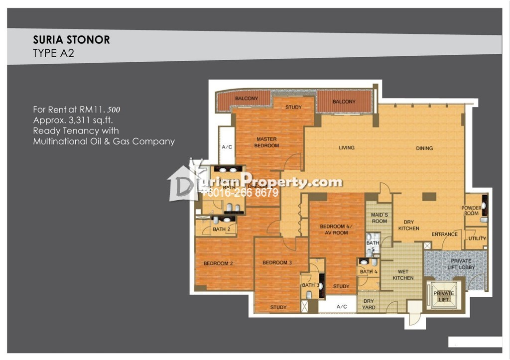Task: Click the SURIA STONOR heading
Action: coord(71,40)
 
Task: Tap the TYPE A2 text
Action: coord(53,54)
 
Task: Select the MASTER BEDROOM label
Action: coord(267,142)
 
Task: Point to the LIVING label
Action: coord(347,148)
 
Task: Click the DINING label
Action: coord(424,148)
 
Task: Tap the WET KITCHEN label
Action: coord(403,275)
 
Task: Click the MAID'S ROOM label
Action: coord(379,218)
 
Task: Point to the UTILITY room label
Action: coord(477,239)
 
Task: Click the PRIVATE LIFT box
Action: coord(443,296)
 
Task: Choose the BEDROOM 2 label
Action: coord(218,263)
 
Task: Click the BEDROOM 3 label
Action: coord(277,262)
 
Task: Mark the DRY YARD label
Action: coord(369,304)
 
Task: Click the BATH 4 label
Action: coord(369,272)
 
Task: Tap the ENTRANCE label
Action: coord(444,234)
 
